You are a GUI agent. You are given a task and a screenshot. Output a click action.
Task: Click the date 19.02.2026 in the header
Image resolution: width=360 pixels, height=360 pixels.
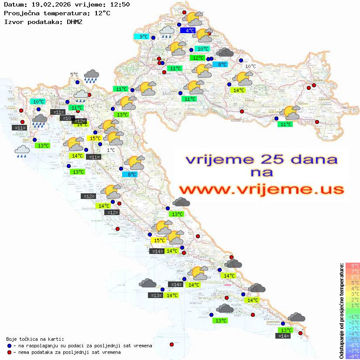click(48, 4)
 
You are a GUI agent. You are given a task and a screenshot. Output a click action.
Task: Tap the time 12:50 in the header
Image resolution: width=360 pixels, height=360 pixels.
click(120, 4)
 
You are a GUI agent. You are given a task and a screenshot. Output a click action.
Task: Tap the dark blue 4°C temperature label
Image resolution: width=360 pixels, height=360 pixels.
click(190, 31)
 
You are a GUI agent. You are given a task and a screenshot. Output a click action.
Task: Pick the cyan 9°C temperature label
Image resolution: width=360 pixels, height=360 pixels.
click(143, 37)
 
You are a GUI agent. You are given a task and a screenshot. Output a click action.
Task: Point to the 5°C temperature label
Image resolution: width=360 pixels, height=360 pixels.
click(74, 75)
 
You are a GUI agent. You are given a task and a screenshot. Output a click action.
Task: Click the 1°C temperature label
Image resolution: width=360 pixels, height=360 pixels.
click(111, 150)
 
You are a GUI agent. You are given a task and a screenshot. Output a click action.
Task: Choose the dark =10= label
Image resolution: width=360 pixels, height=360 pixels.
click(67, 118)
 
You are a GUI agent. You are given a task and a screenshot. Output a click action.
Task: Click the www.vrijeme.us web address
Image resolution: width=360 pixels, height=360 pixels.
click(261, 189)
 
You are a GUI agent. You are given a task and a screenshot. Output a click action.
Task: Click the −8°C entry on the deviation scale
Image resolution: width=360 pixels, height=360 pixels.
click(353, 357)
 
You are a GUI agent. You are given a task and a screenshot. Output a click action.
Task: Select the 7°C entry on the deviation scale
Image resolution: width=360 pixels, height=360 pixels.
click(353, 271)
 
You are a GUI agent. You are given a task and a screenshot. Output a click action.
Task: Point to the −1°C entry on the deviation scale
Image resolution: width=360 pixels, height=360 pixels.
click(353, 317)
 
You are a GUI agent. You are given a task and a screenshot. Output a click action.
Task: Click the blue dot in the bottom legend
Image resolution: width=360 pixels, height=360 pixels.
click(10, 346)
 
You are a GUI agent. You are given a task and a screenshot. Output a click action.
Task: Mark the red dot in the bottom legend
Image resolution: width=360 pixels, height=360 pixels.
click(10, 352)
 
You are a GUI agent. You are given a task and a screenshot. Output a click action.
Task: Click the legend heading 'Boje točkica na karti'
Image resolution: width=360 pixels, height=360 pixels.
click(35, 339)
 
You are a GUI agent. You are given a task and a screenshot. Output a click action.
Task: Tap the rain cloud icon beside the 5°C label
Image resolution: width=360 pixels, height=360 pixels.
click(91, 76)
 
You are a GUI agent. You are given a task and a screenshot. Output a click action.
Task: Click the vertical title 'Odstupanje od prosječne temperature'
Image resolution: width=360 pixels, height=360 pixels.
click(342, 311)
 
